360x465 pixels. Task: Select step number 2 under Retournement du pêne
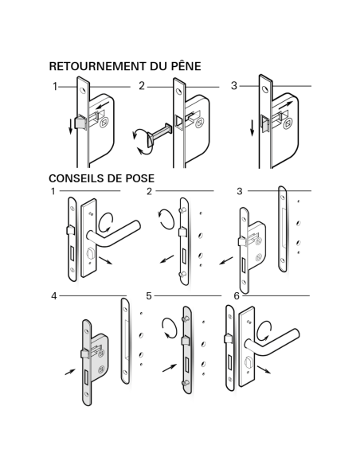pyautogui.click(x=142, y=86)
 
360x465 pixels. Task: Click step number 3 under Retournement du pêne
pyautogui.click(x=233, y=86)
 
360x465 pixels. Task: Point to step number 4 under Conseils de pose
pyautogui.click(x=54, y=295)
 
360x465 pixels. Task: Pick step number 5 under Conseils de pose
pyautogui.click(x=148, y=295)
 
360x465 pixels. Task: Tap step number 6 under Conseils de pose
pyautogui.click(x=236, y=295)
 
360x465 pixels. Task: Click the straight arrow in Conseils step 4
pyautogui.click(x=69, y=371)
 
